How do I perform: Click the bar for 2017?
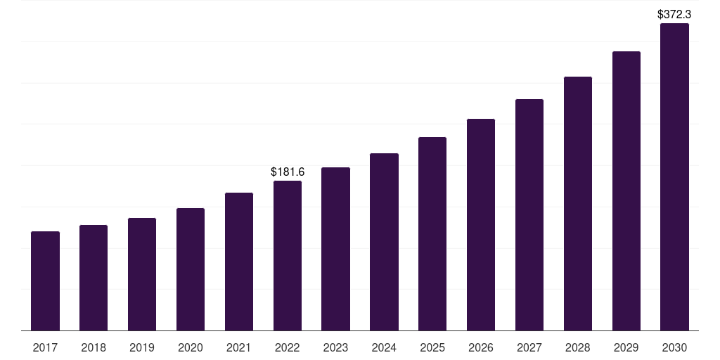(45, 281)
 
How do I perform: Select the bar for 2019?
(142, 274)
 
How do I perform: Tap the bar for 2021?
(239, 262)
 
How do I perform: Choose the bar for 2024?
(385, 242)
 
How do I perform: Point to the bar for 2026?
(481, 225)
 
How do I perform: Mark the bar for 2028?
(578, 204)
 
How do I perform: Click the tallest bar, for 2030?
(675, 177)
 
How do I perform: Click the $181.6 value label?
(288, 172)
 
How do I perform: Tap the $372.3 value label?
(675, 14)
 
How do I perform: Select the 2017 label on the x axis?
(45, 347)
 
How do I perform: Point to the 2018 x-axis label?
(94, 347)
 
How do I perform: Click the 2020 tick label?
(191, 347)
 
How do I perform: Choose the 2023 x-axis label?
(336, 347)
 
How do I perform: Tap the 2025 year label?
(432, 347)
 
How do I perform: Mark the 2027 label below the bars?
(529, 347)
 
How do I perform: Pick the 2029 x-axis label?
(626, 347)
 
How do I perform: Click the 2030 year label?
(675, 347)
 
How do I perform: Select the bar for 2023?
(336, 249)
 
